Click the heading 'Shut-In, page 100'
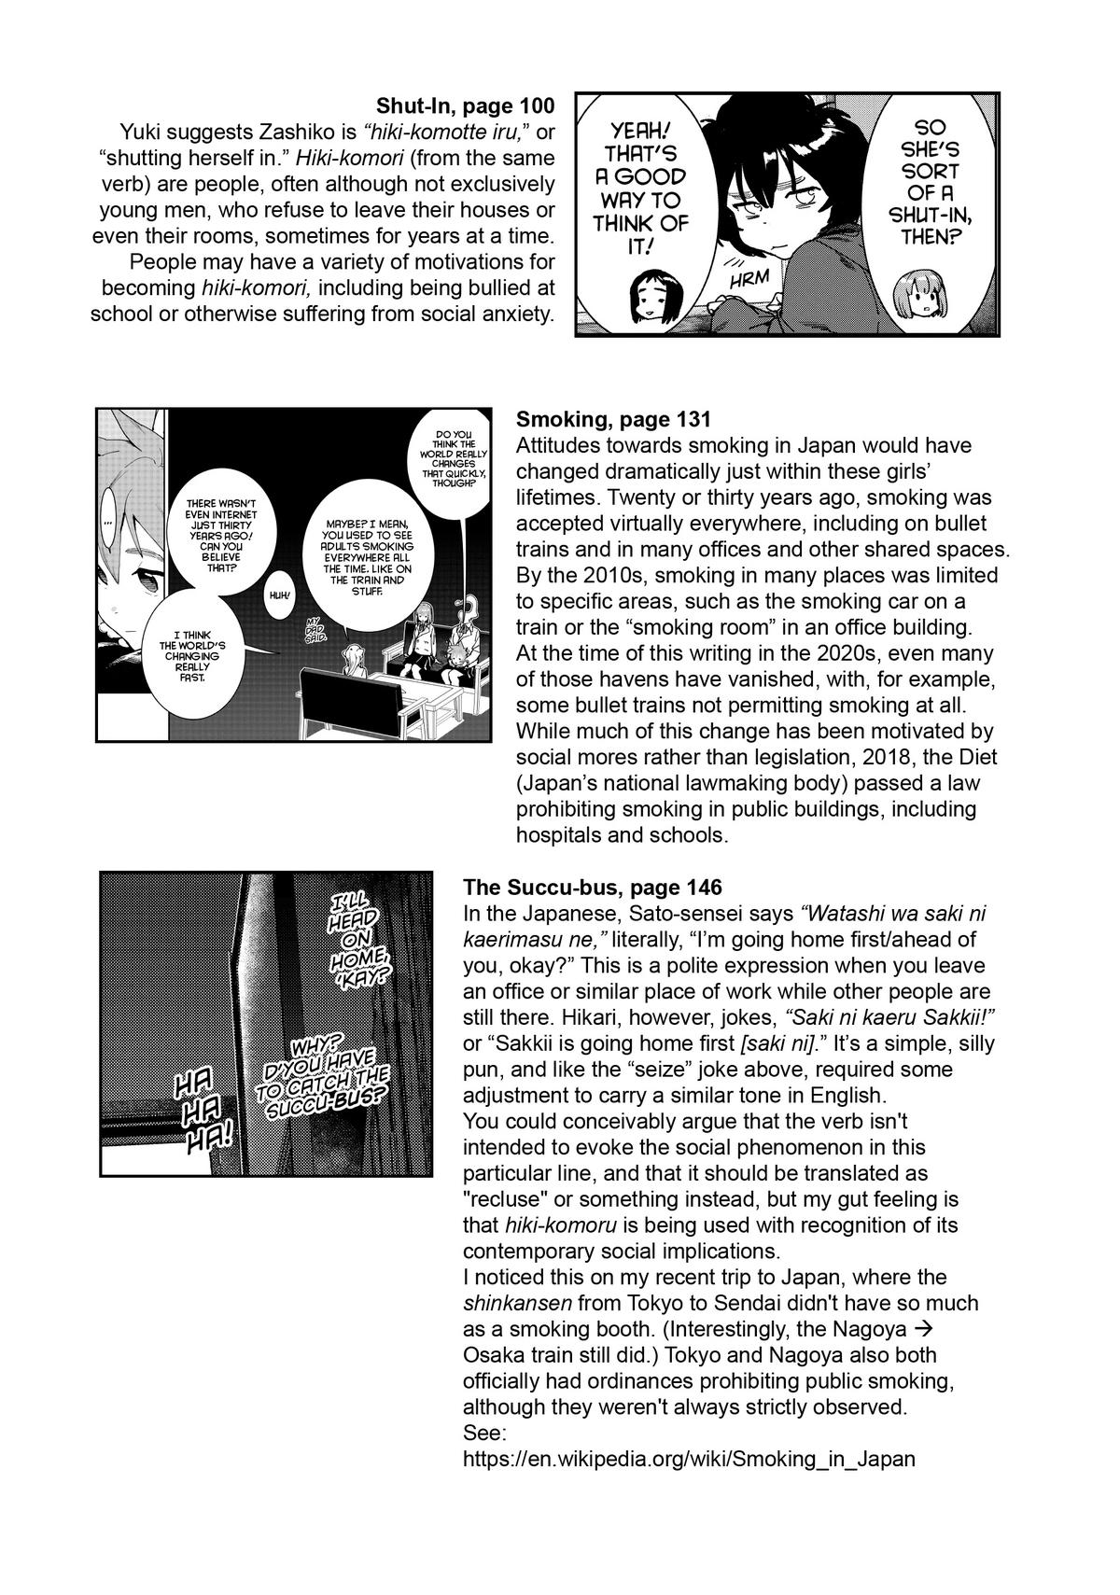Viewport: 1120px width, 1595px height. click(x=465, y=105)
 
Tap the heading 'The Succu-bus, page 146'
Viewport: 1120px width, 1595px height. click(x=592, y=887)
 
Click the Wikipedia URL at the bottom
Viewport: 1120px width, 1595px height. click(x=689, y=1458)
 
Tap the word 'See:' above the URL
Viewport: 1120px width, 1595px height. click(x=485, y=1433)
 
